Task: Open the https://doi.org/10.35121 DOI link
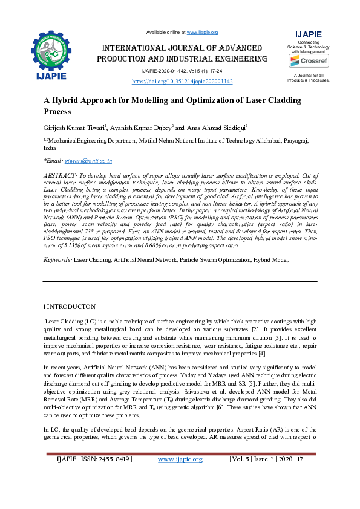[x=182, y=81]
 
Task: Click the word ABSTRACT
[x=59, y=173]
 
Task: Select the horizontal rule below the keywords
[x=180, y=282]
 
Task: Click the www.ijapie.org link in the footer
[x=180, y=476]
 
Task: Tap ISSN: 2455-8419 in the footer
[x=108, y=476]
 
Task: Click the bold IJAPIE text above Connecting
[x=308, y=34]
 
